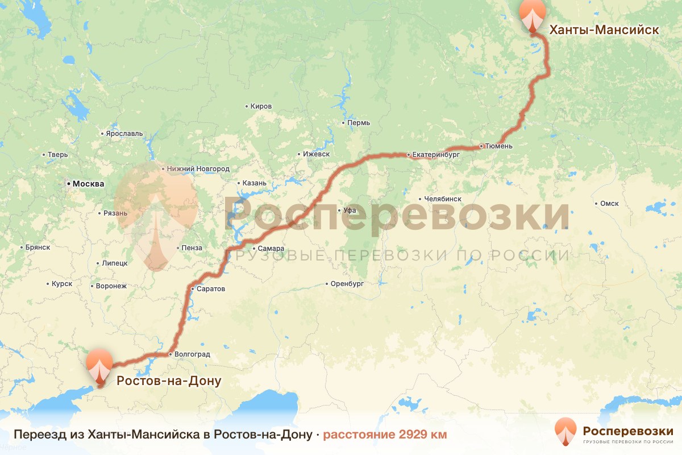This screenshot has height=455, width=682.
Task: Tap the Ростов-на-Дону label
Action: (169, 381)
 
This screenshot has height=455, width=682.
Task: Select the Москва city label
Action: (86, 184)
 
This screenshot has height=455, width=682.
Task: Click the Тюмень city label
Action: (499, 146)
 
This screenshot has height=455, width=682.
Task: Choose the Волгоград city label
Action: (192, 354)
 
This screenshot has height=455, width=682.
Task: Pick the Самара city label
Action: (271, 249)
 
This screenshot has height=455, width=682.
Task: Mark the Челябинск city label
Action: (443, 199)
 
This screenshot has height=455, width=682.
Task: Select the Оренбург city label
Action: (348, 283)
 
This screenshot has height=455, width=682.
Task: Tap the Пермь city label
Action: (359, 123)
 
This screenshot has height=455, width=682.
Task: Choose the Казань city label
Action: (254, 183)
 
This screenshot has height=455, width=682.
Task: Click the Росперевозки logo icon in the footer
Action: (565, 431)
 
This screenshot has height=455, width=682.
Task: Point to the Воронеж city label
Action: (111, 286)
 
